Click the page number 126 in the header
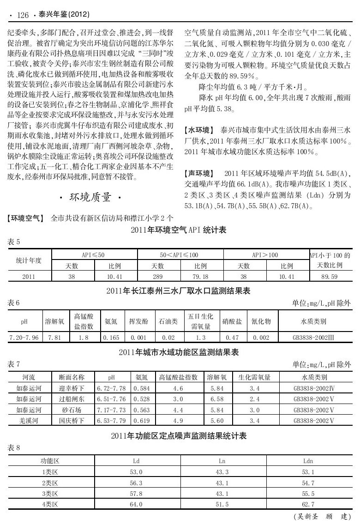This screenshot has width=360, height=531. coord(23,16)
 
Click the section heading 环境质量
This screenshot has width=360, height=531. coord(90,198)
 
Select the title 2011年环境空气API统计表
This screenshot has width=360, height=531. coord(180,229)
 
